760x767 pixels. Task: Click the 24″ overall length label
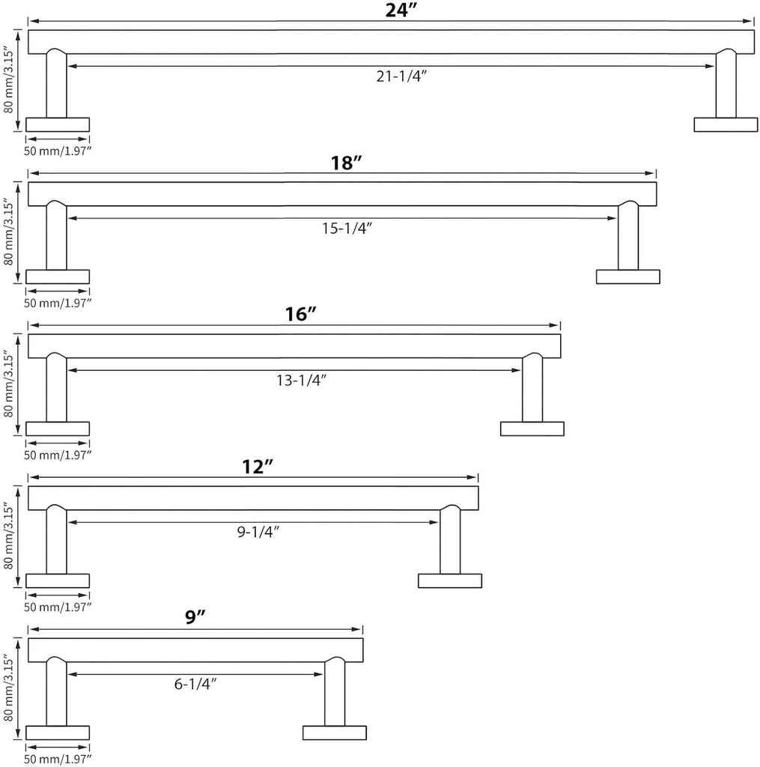(x=401, y=10)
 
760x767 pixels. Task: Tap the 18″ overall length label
(x=346, y=163)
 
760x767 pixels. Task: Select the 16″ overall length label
(x=301, y=314)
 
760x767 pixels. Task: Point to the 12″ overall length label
(x=258, y=467)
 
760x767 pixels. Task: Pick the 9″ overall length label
(x=195, y=617)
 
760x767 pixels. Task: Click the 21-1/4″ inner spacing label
(x=401, y=76)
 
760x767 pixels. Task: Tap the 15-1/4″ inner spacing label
(x=347, y=228)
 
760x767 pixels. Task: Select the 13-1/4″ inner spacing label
(x=301, y=380)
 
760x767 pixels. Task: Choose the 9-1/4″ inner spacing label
(x=258, y=532)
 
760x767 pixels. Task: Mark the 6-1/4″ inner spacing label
(x=195, y=684)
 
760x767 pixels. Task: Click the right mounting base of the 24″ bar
(x=726, y=125)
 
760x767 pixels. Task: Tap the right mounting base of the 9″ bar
(x=335, y=733)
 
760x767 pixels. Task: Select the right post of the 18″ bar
(x=628, y=236)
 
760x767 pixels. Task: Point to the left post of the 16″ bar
(x=57, y=387)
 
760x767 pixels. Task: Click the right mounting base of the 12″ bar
(x=450, y=580)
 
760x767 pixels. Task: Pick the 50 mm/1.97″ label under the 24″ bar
(x=58, y=151)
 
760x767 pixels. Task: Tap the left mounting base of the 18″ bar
(x=58, y=277)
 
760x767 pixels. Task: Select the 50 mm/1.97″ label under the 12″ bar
(x=58, y=607)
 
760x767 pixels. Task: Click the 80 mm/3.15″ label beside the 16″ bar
(x=8, y=384)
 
